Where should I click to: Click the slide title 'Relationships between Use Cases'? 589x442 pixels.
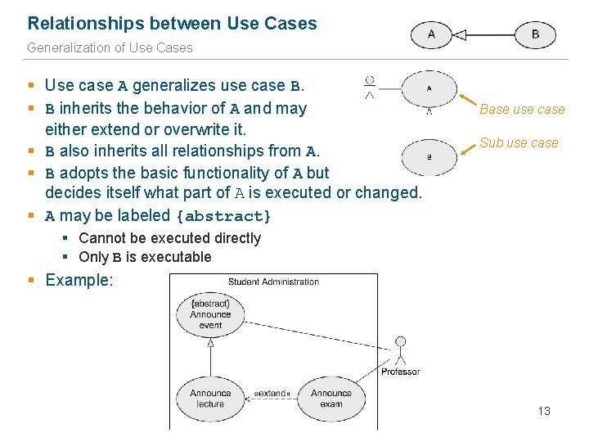pyautogui.click(x=172, y=24)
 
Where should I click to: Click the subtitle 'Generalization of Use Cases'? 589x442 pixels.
pyautogui.click(x=110, y=47)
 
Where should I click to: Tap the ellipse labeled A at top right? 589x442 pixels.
pyautogui.click(x=431, y=34)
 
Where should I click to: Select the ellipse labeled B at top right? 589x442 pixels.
pyautogui.click(x=536, y=34)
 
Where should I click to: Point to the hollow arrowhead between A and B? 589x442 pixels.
pyautogui.click(x=460, y=34)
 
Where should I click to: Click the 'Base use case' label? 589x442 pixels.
pyautogui.click(x=522, y=109)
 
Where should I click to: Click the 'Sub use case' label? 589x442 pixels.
pyautogui.click(x=519, y=142)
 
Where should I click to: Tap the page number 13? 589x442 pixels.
pyautogui.click(x=544, y=411)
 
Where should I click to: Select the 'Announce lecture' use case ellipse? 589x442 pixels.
pyautogui.click(x=210, y=399)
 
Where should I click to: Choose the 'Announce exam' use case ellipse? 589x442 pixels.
pyautogui.click(x=331, y=399)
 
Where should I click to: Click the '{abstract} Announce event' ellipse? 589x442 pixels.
pyautogui.click(x=210, y=314)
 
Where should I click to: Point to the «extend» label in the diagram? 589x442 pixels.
pyautogui.click(x=272, y=394)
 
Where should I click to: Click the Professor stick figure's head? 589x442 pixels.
pyautogui.click(x=400, y=341)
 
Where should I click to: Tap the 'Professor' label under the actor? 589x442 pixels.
pyautogui.click(x=400, y=372)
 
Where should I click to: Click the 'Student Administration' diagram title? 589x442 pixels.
pyautogui.click(x=273, y=282)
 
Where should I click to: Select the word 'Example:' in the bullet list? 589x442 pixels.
pyautogui.click(x=79, y=280)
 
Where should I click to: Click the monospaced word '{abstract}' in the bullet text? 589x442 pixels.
pyautogui.click(x=223, y=216)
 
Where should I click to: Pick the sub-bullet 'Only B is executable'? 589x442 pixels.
pyautogui.click(x=145, y=257)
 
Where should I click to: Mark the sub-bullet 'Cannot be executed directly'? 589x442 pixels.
pyautogui.click(x=169, y=238)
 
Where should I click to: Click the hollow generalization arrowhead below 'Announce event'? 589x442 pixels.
pyautogui.click(x=210, y=345)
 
